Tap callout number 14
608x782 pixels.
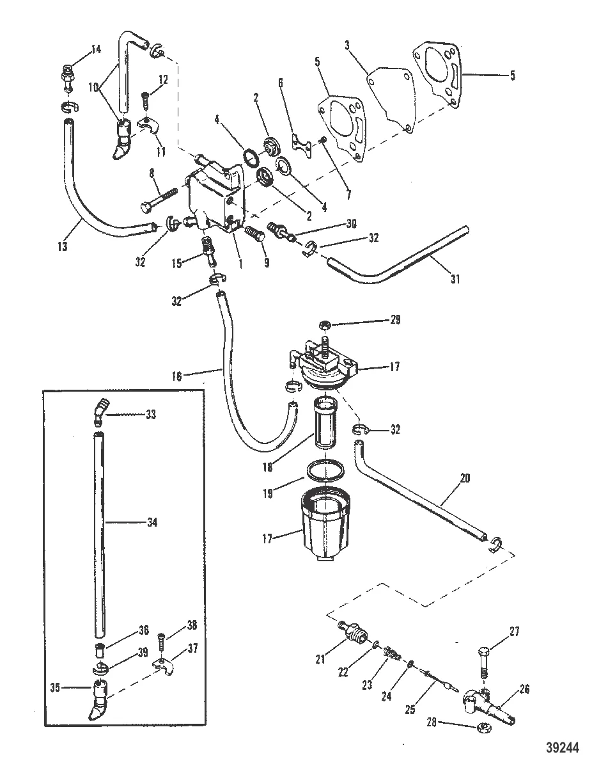click(x=96, y=49)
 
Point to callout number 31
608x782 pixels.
click(x=455, y=278)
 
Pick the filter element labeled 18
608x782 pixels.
click(x=326, y=423)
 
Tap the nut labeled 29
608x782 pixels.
click(x=323, y=325)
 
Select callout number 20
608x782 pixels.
click(x=465, y=478)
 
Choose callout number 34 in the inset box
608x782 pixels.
click(x=152, y=522)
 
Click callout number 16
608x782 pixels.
click(x=177, y=376)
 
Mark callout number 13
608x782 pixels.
click(x=63, y=246)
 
